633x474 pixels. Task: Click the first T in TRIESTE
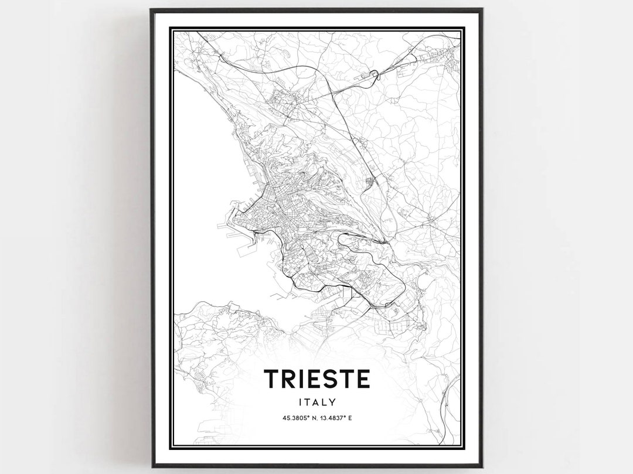[x=271, y=379]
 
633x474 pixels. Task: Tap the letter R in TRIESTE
[x=288, y=379]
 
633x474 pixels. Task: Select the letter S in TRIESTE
[x=328, y=379]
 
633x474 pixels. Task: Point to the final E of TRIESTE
[x=363, y=379]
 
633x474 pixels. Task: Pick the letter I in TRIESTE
[x=301, y=379]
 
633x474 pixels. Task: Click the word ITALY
[x=316, y=402]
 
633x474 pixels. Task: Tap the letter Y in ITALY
[x=332, y=402]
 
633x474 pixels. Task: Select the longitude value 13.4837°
[x=334, y=418]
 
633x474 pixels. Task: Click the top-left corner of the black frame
[x=151, y=9]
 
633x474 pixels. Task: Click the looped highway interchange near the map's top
[x=373, y=74]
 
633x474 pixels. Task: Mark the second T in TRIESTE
[x=345, y=379]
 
